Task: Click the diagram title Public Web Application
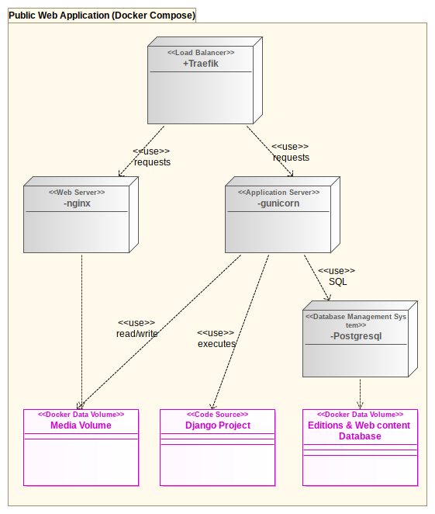click(101, 15)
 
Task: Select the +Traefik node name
click(201, 64)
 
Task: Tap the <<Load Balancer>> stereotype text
click(201, 53)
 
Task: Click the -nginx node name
click(77, 203)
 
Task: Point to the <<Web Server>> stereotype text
click(77, 192)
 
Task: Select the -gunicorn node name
click(278, 203)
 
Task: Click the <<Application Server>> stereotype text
click(278, 192)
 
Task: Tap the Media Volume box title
click(81, 425)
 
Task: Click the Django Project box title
click(218, 425)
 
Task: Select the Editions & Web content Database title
click(360, 431)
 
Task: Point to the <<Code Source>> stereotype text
click(218, 415)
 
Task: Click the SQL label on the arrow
click(338, 282)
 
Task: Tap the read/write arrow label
click(137, 334)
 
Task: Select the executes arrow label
click(217, 344)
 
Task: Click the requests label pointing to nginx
click(152, 162)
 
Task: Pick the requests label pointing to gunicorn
click(291, 158)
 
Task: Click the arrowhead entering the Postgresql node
click(328, 298)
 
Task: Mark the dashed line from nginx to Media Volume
click(81, 326)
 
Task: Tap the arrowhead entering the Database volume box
click(360, 406)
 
